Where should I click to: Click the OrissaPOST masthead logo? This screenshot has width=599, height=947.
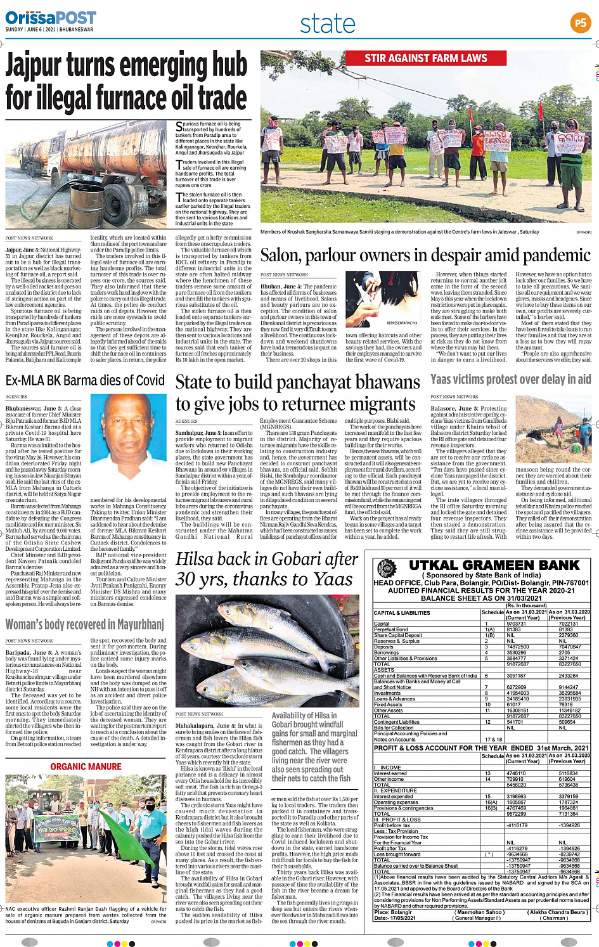click(51, 18)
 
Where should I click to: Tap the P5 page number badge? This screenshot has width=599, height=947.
click(580, 23)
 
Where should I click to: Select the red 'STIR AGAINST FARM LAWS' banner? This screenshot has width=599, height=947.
click(425, 58)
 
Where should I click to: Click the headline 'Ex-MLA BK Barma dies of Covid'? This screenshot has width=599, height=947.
click(85, 380)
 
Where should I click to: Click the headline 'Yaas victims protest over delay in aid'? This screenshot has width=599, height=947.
click(510, 379)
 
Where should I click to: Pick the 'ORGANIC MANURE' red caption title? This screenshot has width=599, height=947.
click(86, 767)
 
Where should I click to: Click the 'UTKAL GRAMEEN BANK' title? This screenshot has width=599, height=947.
click(494, 565)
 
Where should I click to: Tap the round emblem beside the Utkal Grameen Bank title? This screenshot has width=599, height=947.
click(386, 568)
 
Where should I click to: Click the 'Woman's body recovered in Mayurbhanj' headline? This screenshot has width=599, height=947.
click(85, 624)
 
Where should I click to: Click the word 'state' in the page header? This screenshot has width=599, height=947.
click(328, 24)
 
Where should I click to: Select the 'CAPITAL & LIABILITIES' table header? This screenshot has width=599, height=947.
click(402, 613)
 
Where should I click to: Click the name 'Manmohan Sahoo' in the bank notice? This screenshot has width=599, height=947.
click(479, 912)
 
